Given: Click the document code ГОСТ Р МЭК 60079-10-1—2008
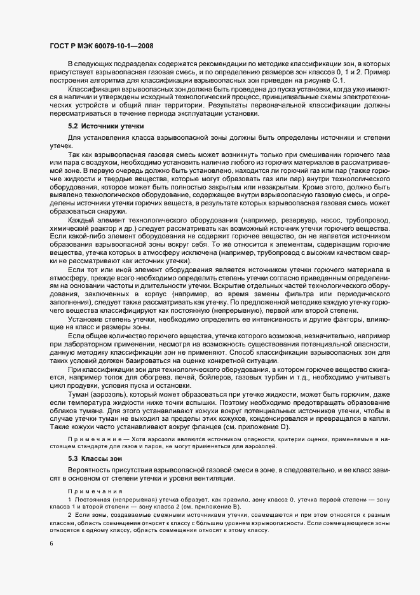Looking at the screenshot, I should (x=100, y=46).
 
